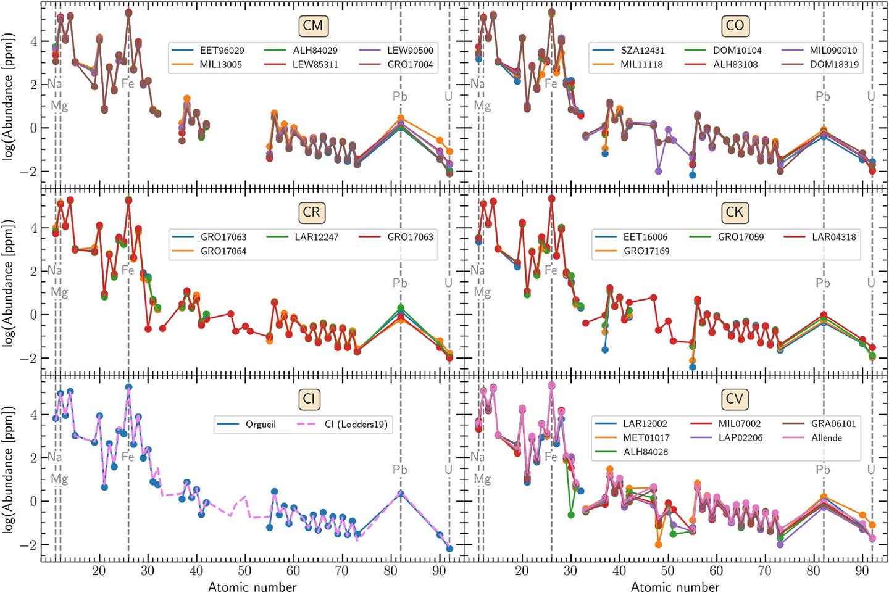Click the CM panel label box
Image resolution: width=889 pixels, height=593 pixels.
point(313,26)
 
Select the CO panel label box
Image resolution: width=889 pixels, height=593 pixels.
point(735,26)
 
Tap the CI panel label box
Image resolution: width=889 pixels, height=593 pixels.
point(309,399)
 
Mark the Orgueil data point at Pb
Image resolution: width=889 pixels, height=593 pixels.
point(401,494)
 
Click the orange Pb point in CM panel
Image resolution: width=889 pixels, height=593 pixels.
point(401,118)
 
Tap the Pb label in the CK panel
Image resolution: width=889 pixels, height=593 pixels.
point(823,283)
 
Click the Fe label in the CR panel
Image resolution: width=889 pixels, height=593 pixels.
point(128,270)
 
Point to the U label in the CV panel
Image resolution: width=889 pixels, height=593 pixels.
point(871,470)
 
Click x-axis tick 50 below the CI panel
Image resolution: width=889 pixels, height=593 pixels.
point(244,571)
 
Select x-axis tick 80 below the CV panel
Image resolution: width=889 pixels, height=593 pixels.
point(814,571)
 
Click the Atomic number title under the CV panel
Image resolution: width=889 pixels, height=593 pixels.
point(675,587)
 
